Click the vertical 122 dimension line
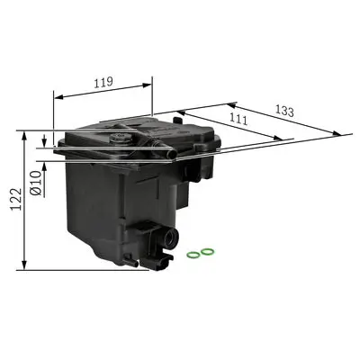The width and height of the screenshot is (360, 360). [24, 200]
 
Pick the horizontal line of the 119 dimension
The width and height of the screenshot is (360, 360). [104, 94]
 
